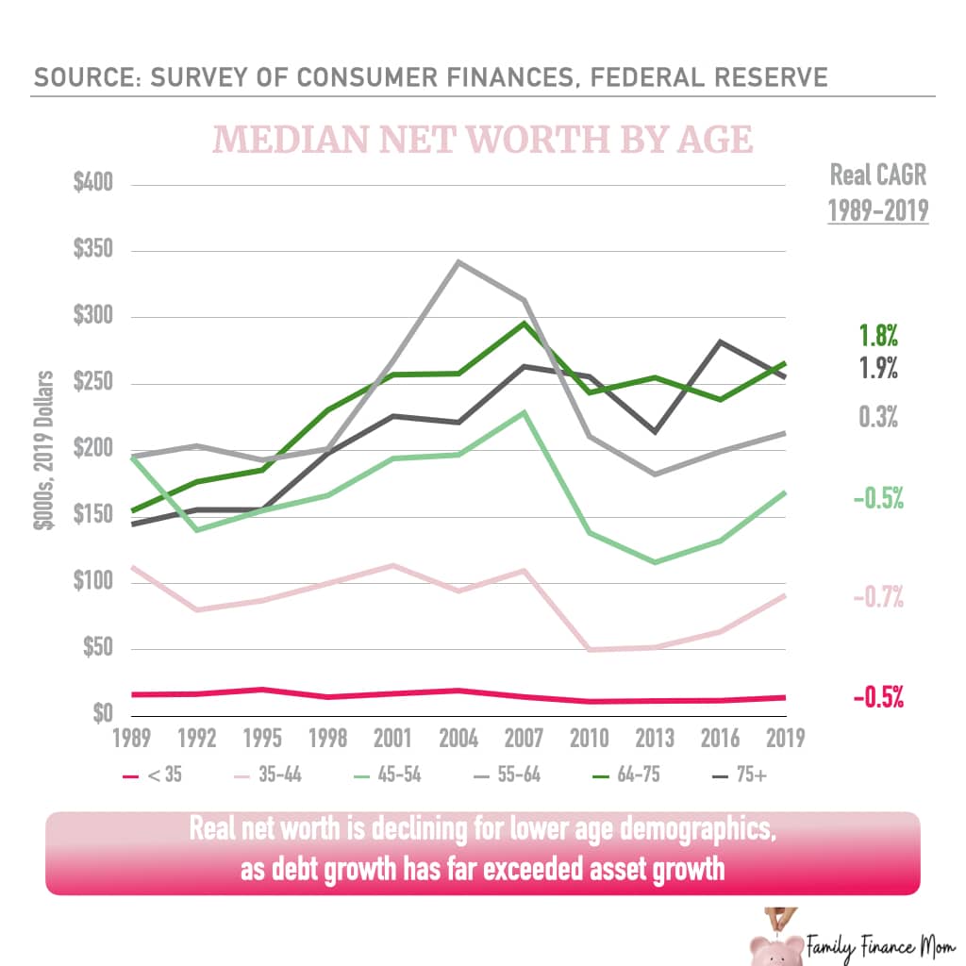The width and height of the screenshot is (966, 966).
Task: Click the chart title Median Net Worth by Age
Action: (x=483, y=140)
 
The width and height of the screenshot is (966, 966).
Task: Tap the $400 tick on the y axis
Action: (x=93, y=183)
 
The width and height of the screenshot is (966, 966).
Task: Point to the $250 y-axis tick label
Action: (x=93, y=383)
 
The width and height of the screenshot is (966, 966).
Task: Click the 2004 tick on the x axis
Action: (x=458, y=738)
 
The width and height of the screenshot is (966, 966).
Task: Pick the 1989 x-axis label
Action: (x=133, y=738)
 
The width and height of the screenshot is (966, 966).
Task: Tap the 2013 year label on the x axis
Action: (x=655, y=738)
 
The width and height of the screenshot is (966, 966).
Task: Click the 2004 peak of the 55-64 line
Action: (x=458, y=261)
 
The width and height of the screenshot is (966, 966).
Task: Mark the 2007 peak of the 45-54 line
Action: (x=524, y=411)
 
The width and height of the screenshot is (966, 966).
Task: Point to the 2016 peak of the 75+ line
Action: (x=720, y=341)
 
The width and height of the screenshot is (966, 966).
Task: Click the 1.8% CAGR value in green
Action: (x=877, y=336)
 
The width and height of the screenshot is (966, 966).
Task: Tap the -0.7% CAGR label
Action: (x=877, y=596)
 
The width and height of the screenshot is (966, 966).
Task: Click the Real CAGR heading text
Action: (x=878, y=175)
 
